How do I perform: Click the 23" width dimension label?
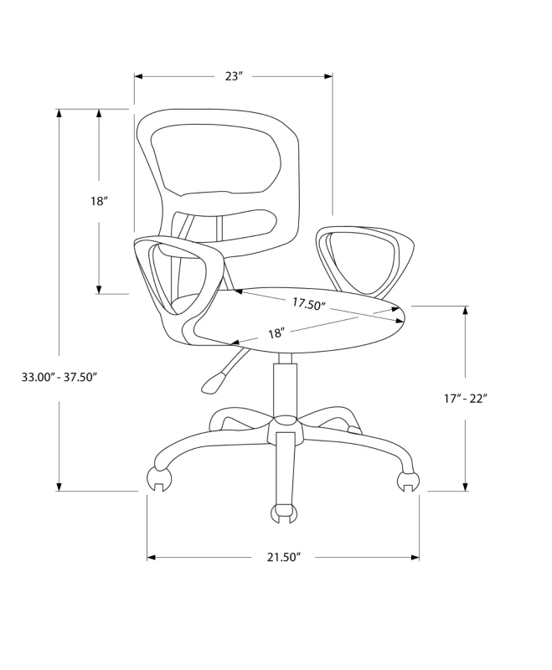click(x=234, y=76)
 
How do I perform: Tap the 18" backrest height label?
click(x=100, y=201)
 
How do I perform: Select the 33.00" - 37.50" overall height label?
click(x=59, y=377)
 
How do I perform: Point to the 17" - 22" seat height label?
click(x=465, y=399)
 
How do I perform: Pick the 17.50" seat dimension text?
click(x=308, y=304)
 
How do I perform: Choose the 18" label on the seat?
click(x=276, y=333)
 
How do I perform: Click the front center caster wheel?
click(x=285, y=511)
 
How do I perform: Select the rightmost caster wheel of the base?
click(x=407, y=481)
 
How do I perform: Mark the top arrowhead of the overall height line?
click(x=59, y=114)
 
